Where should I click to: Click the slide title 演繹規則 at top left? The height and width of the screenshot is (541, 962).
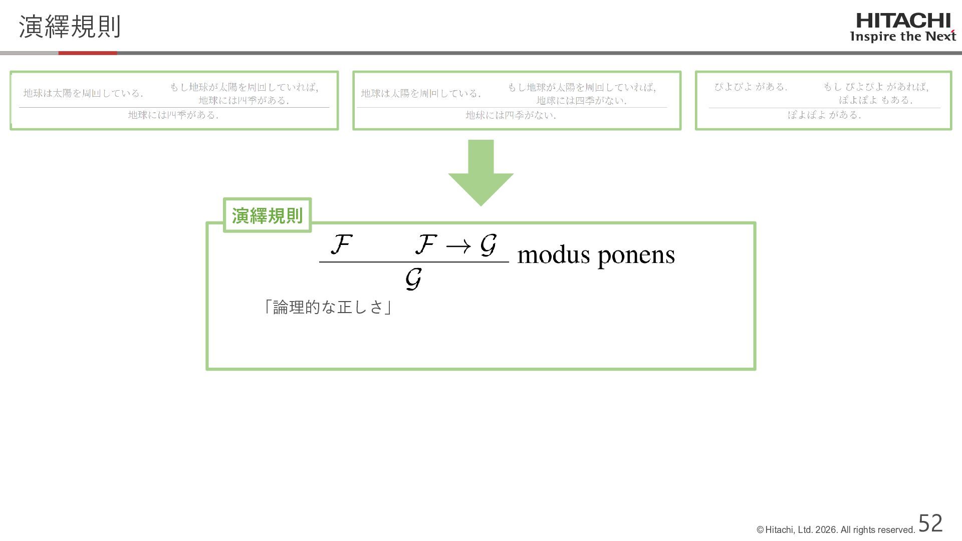(x=70, y=27)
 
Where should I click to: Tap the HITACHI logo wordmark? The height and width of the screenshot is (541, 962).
(x=903, y=21)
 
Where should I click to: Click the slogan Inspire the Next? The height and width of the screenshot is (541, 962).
(x=903, y=37)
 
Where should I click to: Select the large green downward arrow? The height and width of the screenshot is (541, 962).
(x=480, y=173)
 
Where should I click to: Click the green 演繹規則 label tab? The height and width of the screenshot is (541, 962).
(x=267, y=215)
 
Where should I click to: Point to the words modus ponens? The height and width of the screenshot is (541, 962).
(x=596, y=255)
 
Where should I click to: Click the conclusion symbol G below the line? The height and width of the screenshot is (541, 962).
(x=413, y=279)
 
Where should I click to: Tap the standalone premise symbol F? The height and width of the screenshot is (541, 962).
(x=341, y=244)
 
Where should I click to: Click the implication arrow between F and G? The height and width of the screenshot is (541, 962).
(x=458, y=246)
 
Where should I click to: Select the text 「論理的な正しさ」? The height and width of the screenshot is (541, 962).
(x=328, y=307)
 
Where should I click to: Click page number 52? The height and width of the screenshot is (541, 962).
(x=930, y=523)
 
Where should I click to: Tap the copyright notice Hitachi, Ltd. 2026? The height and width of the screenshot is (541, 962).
(x=836, y=530)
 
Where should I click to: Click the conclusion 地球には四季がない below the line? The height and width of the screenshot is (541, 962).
(x=511, y=115)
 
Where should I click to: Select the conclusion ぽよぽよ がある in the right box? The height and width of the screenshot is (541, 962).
(x=824, y=115)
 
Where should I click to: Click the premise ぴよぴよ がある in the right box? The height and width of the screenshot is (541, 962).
(x=751, y=87)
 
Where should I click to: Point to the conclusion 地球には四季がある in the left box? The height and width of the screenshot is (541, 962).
(x=173, y=115)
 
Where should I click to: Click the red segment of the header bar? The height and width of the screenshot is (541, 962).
(x=88, y=53)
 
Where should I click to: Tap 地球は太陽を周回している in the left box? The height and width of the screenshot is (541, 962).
(x=83, y=94)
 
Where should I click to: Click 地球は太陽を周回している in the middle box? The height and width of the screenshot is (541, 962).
(x=421, y=94)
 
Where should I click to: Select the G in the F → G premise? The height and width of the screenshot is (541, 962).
(x=488, y=245)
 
